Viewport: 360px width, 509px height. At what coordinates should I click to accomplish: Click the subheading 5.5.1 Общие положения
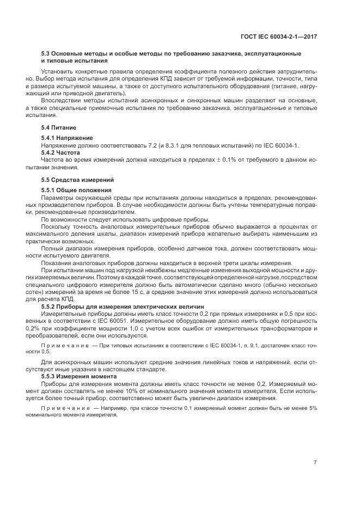click(76, 189)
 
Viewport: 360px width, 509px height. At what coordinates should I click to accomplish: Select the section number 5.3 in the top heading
click(46, 53)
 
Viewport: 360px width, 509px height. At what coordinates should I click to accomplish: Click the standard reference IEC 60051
click(123, 321)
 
